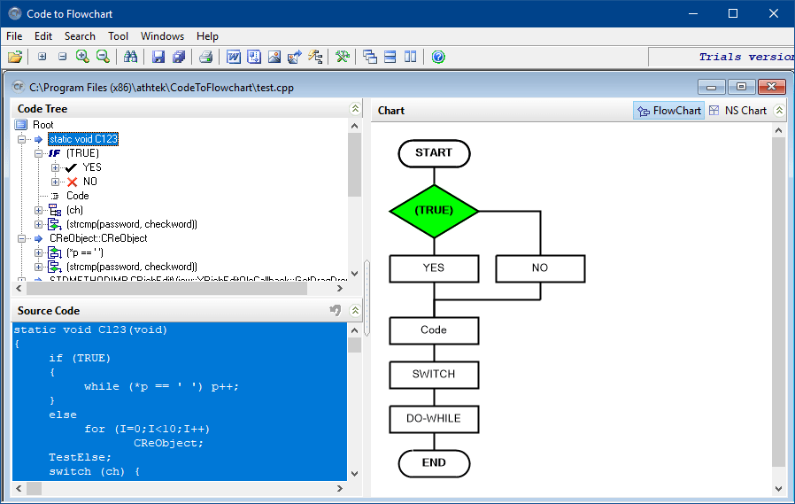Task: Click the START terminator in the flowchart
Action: [434, 152]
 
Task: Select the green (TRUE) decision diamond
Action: [434, 211]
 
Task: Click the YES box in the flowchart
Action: [434, 268]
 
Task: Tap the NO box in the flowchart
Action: [540, 268]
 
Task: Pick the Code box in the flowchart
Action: [434, 330]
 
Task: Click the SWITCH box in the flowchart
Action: [434, 374]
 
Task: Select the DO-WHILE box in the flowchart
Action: [434, 418]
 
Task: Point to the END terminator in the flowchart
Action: [434, 462]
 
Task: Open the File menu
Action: [14, 36]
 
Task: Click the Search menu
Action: [80, 36]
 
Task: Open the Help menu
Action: [207, 36]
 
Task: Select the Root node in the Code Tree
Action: [42, 125]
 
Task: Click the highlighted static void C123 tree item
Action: [83, 139]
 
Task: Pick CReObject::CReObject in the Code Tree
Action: [98, 238]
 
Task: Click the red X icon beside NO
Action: [73, 182]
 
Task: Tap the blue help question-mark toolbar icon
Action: [438, 57]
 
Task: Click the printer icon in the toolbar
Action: [205, 57]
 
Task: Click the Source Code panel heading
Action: [49, 311]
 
